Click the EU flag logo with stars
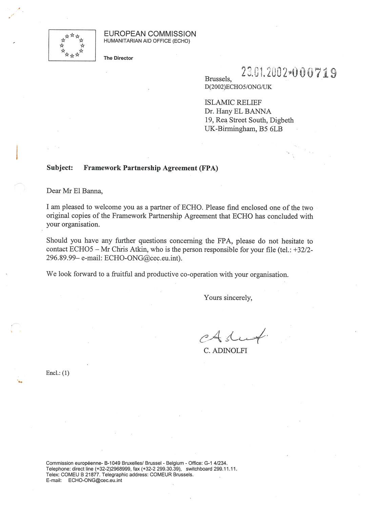pos(72,45)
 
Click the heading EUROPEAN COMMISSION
pos(150,34)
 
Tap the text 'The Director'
pos(118,58)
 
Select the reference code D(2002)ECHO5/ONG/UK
pos(238,87)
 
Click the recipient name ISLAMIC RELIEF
pos(233,102)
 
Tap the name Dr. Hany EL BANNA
pos(238,111)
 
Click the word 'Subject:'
pos(60,168)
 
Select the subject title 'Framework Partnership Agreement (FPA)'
pos(151,168)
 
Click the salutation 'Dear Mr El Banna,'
pos(75,191)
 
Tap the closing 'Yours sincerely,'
pos(228,298)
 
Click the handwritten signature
pos(235,336)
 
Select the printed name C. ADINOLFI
pos(225,351)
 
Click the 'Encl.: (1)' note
pos(58,373)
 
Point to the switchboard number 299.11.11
pos(225,469)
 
